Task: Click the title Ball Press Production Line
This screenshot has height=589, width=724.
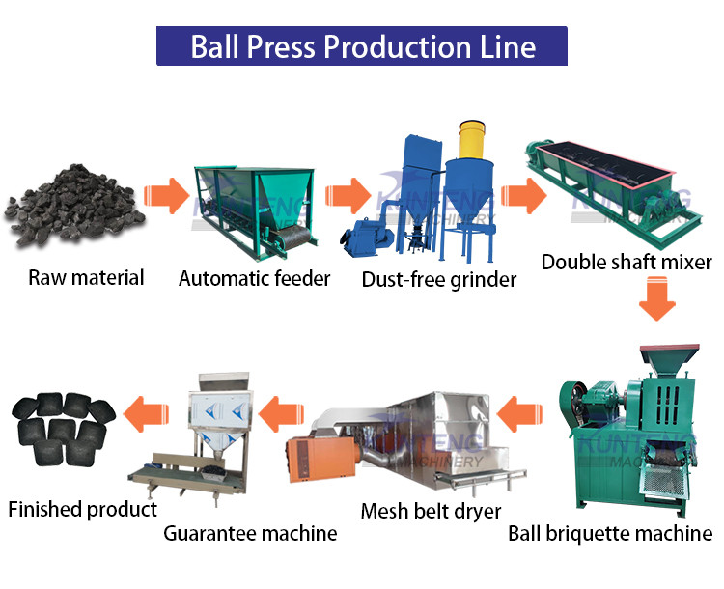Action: [x=362, y=45]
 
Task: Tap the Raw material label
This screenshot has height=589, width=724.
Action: [x=86, y=278]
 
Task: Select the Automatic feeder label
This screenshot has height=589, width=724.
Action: [x=255, y=279]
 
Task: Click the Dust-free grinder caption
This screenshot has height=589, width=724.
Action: [x=439, y=280]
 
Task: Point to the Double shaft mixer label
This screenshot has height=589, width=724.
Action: [x=627, y=262]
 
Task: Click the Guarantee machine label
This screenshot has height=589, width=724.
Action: [x=250, y=533]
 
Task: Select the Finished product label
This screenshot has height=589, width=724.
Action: [x=82, y=509]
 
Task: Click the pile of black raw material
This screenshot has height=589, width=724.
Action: [x=73, y=206]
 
